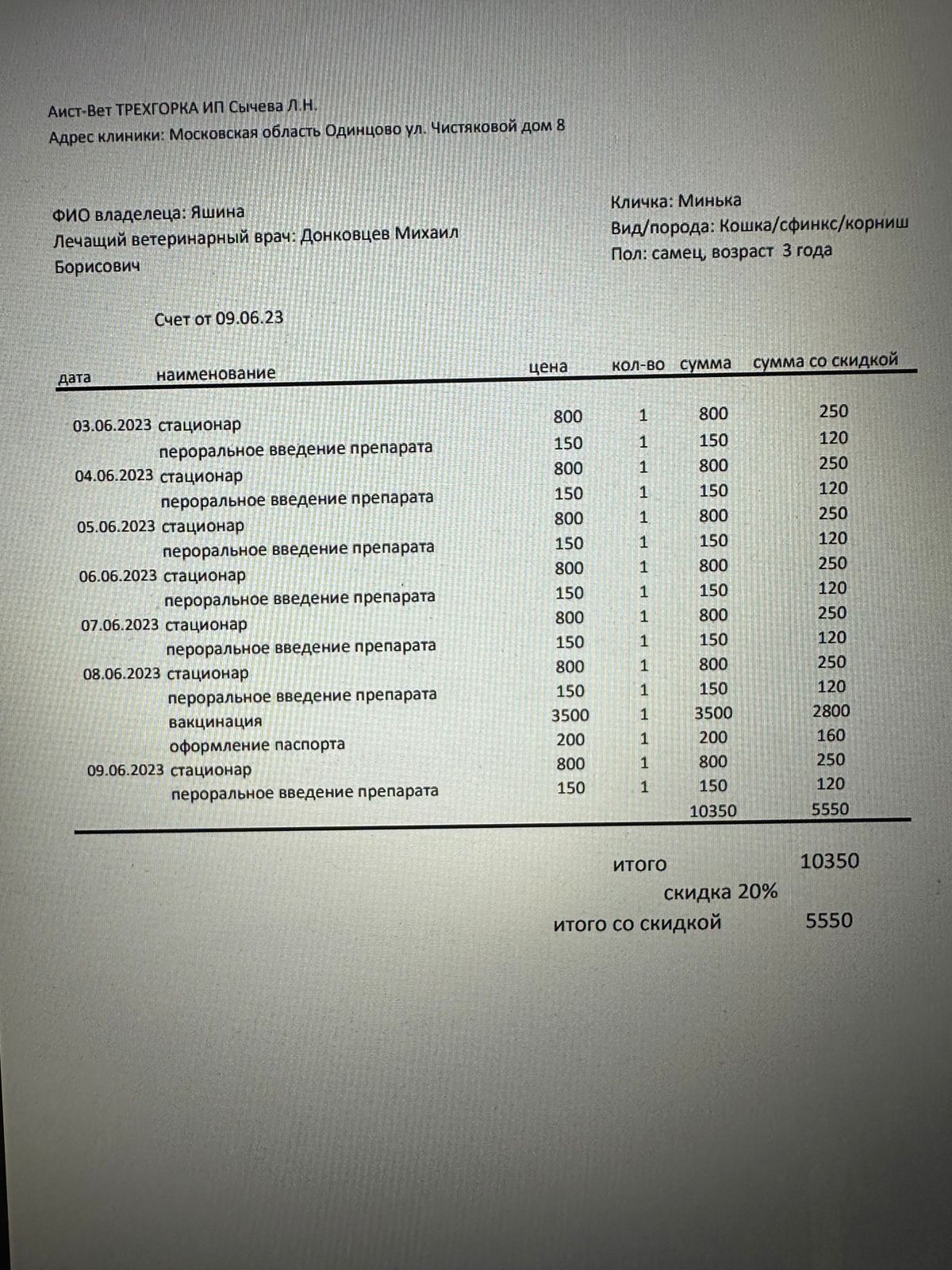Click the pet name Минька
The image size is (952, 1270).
click(x=710, y=201)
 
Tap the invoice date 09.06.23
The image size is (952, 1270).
click(x=250, y=318)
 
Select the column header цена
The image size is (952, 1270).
click(x=548, y=367)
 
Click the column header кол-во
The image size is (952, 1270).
click(x=638, y=366)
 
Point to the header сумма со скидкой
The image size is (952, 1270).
click(x=825, y=361)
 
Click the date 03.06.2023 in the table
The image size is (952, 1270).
click(x=112, y=425)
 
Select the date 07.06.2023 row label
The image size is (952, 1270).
click(x=120, y=625)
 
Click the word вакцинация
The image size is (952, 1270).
click(x=216, y=722)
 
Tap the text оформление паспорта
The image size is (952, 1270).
click(x=257, y=745)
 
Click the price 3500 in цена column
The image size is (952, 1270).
click(x=570, y=715)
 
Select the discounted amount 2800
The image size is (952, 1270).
click(x=831, y=711)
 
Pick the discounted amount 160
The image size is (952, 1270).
click(x=831, y=736)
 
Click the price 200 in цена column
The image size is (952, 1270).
click(x=570, y=740)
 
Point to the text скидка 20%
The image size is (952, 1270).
click(x=720, y=892)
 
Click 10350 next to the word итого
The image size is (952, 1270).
click(x=829, y=861)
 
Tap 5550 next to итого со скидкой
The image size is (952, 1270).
click(x=829, y=921)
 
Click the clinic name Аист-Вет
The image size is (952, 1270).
click(x=79, y=111)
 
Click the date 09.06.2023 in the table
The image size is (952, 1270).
click(x=125, y=770)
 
